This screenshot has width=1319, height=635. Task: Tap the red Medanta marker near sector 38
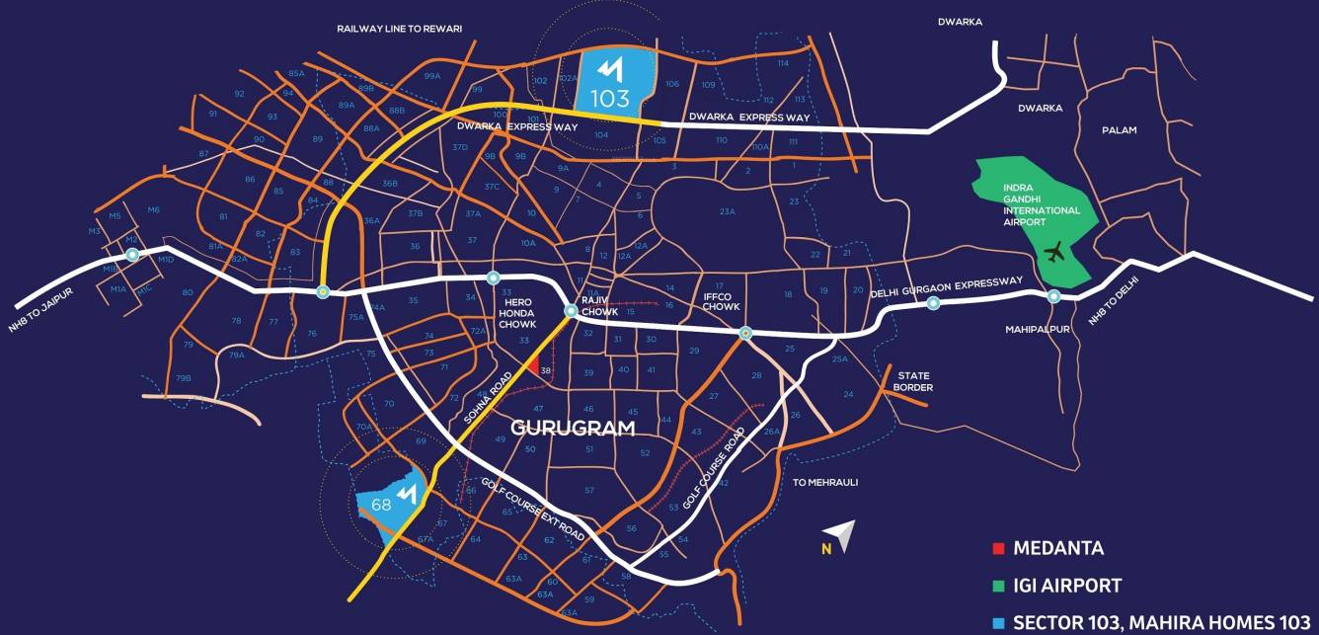[533, 367]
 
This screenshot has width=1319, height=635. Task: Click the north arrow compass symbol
[842, 535]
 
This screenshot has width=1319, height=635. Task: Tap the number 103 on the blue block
[610, 100]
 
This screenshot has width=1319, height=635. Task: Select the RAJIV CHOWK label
[599, 306]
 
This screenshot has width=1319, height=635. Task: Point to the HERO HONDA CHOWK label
[516, 315]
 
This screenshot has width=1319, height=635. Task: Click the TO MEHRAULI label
[826, 482]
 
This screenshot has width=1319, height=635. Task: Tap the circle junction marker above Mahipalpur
[1053, 296]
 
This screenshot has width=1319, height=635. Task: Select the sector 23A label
[728, 211]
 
